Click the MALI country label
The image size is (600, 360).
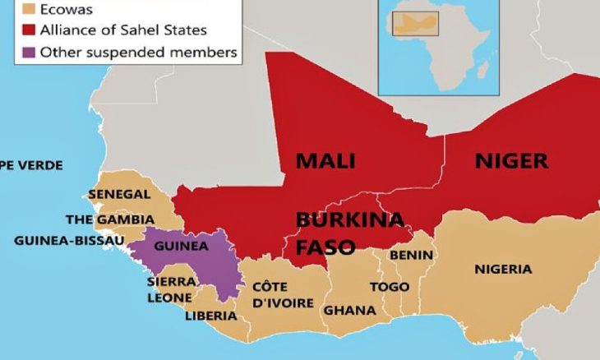pyautogui.click(x=325, y=161)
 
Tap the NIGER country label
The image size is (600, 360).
pyautogui.click(x=511, y=161)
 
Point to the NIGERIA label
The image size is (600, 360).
pyautogui.click(x=503, y=269)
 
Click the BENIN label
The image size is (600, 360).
pyautogui.click(x=411, y=256)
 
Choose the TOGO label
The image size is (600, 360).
pyautogui.click(x=390, y=287)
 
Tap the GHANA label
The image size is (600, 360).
pyautogui.click(x=349, y=310)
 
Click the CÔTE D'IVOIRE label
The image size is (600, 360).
pyautogui.click(x=283, y=295)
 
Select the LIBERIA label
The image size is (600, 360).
pyautogui.click(x=211, y=316)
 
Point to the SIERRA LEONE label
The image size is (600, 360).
pyautogui.click(x=170, y=288)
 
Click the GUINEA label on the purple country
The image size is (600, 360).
pyautogui.click(x=180, y=246)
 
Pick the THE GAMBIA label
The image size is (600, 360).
pyautogui.click(x=109, y=219)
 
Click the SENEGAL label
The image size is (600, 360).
pyautogui.click(x=119, y=195)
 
